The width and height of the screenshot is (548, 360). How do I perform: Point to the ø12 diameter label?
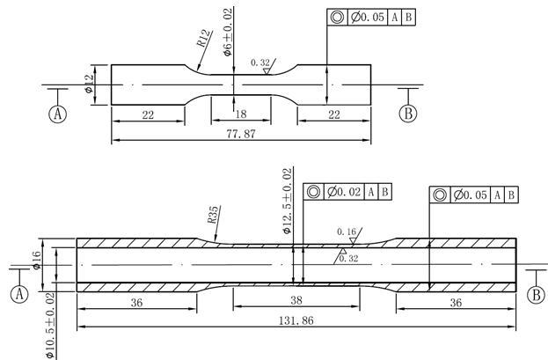coord(89,85)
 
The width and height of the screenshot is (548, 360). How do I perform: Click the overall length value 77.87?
coord(238,135)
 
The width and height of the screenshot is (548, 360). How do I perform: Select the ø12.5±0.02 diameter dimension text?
coord(287,202)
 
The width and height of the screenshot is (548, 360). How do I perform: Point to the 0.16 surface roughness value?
coord(346,232)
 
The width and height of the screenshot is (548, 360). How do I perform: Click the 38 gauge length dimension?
coord(296,299)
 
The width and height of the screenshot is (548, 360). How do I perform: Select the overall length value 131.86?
coord(296,320)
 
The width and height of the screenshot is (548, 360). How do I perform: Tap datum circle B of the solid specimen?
coord(408,114)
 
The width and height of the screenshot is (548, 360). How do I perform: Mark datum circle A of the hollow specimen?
coord(19,296)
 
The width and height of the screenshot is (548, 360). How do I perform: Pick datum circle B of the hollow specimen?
coord(534,296)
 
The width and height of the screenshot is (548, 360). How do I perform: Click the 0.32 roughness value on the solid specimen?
coord(259,63)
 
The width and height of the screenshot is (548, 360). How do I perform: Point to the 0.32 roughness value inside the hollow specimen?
coord(349,259)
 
